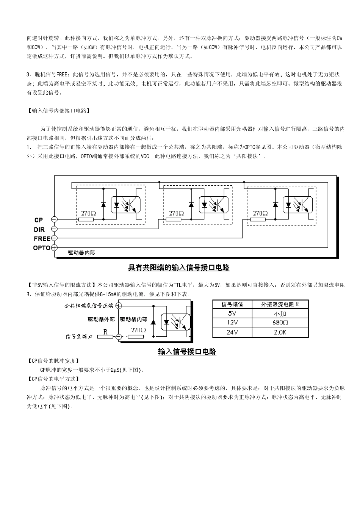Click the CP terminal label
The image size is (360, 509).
click(39, 220)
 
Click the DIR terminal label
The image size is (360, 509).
click(39, 230)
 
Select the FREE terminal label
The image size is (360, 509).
click(42, 239)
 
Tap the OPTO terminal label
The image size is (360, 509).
click(42, 248)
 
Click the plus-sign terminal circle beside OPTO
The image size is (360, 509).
click(54, 248)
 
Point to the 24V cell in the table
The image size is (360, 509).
click(232, 332)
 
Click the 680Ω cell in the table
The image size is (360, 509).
click(280, 323)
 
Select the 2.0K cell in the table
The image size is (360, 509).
click(280, 332)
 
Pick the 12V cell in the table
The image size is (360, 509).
click(232, 323)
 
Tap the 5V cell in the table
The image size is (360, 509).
click(232, 313)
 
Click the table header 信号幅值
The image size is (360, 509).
click(232, 304)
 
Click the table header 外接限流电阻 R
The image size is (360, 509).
click(280, 304)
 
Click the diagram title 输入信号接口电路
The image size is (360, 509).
click(187, 352)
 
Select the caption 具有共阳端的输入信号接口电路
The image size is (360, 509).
click(178, 268)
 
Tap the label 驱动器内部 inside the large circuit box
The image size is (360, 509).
click(81, 253)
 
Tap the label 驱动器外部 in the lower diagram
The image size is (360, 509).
click(101, 319)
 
